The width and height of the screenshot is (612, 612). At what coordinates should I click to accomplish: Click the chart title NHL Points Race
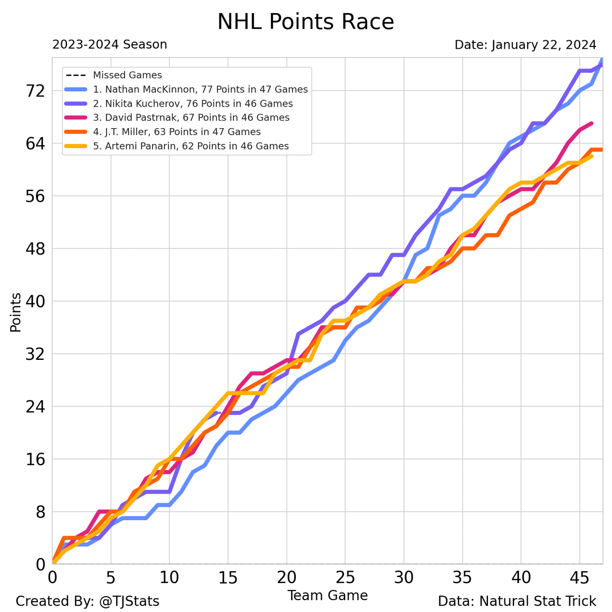(305, 22)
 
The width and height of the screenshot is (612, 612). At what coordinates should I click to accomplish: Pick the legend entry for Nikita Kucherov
(193, 104)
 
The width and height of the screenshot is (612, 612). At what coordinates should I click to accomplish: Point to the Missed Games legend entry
(127, 75)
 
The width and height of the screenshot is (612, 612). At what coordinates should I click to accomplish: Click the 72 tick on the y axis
(33, 91)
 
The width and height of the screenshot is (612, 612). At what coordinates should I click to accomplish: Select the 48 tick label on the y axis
(33, 249)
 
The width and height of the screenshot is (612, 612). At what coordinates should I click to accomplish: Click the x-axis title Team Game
(328, 596)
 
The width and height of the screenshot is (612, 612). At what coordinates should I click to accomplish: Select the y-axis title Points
(16, 312)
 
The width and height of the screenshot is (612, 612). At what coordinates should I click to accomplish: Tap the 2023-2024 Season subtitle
(109, 45)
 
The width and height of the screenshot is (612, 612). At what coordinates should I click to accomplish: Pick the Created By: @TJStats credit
(87, 601)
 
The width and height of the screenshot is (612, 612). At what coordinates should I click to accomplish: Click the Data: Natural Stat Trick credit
(517, 601)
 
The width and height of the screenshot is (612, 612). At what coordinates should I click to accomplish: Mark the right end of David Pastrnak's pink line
(591, 124)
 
